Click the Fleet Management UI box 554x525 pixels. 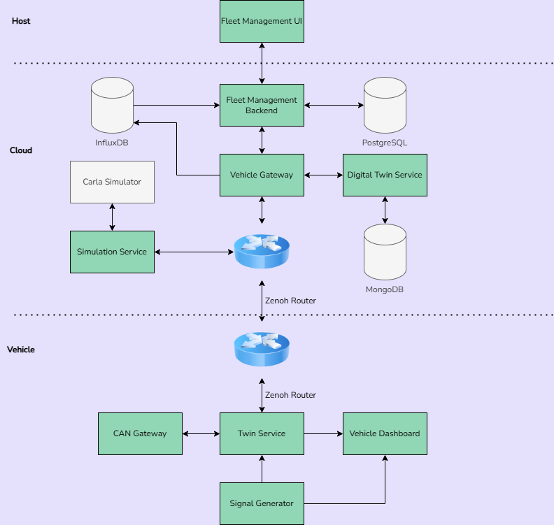coord(262,21)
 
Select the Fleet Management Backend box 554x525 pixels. coord(262,106)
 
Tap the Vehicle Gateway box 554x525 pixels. coord(262,175)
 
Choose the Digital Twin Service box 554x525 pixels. coord(385,175)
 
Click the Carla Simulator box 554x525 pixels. coord(112,182)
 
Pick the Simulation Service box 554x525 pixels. coord(112,252)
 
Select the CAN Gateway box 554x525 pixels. coord(140,433)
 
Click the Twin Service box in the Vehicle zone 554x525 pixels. coord(262,433)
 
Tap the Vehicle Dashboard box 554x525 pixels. coord(385,433)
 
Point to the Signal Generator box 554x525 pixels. coord(262,503)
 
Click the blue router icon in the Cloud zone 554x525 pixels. coord(262,251)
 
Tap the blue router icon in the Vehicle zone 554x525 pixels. coord(262,348)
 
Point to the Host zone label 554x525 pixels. coord(21,21)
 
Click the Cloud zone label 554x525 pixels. coord(21,150)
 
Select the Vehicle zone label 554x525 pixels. coord(21,350)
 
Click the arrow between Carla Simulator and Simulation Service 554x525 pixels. coord(112,217)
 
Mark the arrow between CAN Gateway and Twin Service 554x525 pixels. coord(201,433)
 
